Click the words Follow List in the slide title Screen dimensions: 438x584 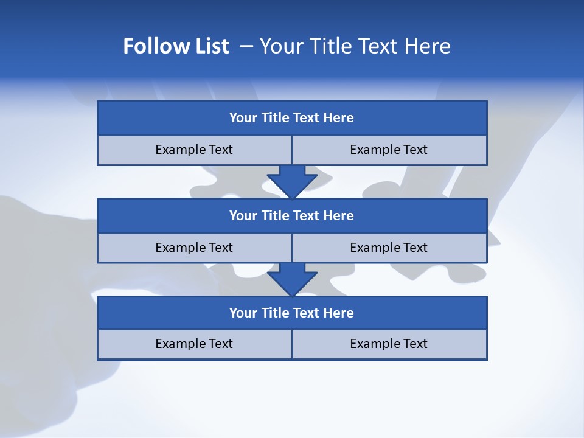[176, 46]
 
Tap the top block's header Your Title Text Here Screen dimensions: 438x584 [291, 118]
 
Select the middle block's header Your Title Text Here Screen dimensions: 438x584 [291, 215]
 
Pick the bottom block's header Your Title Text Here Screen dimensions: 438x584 [291, 313]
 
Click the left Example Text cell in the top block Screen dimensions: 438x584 [194, 150]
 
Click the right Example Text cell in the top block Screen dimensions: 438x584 [389, 150]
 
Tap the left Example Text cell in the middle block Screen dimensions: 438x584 [194, 248]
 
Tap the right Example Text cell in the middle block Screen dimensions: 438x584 [389, 248]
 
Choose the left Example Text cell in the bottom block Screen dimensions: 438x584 [194, 344]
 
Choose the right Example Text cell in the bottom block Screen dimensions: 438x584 [389, 344]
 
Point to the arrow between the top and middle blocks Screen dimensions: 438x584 [292, 181]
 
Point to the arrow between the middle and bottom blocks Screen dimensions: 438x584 [292, 279]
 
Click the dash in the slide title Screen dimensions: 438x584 [247, 46]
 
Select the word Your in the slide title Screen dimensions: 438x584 [280, 46]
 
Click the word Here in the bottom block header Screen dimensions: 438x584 [338, 313]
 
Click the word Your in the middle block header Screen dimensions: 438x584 [243, 215]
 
